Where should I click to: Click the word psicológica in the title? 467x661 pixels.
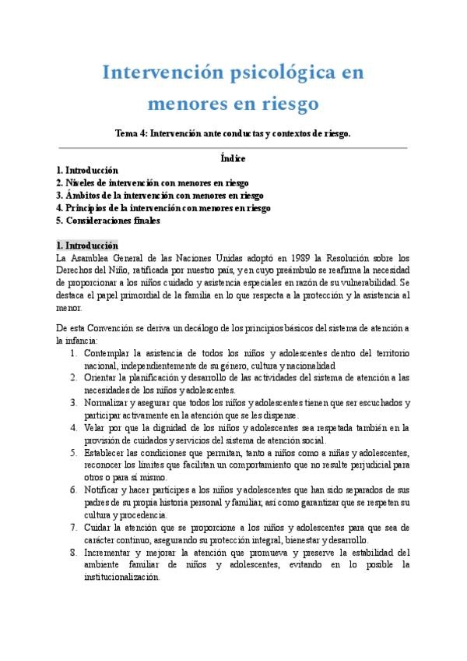[x=271, y=74]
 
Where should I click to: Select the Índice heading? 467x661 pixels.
[x=233, y=157]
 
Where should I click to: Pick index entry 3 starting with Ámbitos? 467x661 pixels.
[x=160, y=195]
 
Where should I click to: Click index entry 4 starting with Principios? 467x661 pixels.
[x=163, y=208]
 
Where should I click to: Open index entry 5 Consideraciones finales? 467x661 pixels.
[x=108, y=221]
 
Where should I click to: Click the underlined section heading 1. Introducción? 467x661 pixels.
[x=87, y=245]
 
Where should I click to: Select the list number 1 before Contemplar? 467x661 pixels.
[x=72, y=353]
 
